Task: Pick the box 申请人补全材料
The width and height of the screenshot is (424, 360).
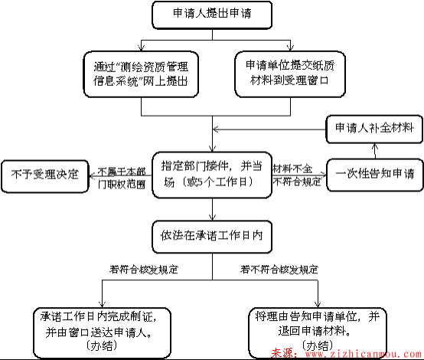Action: (x=373, y=128)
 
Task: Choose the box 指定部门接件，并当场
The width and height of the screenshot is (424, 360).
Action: (x=212, y=173)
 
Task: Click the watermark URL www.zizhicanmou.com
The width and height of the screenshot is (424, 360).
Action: (x=359, y=353)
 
